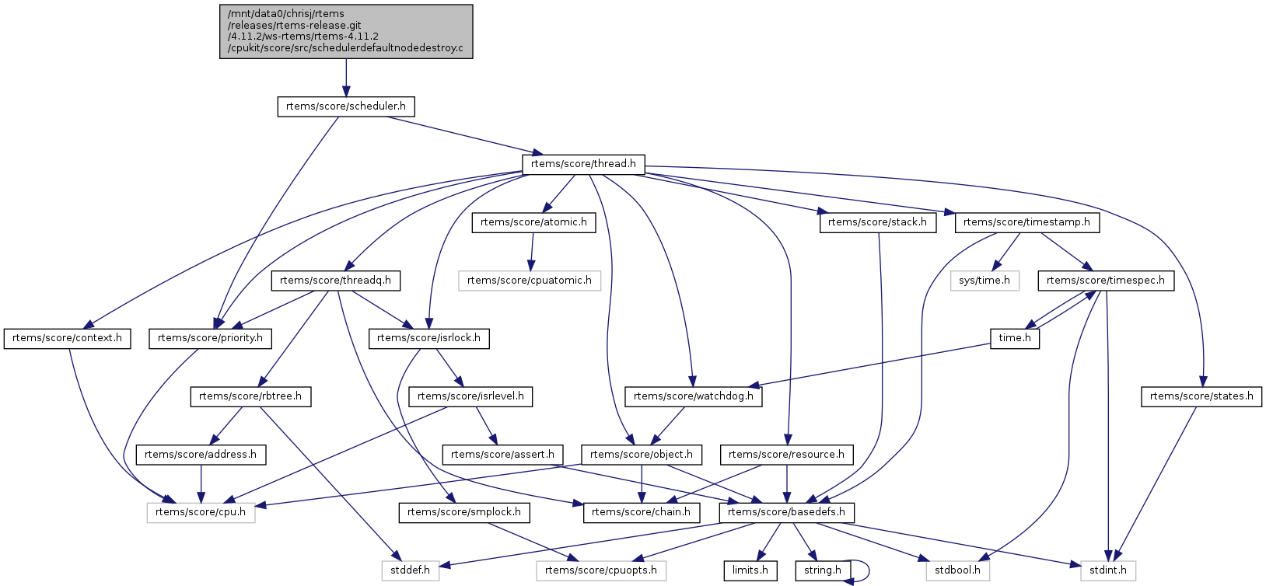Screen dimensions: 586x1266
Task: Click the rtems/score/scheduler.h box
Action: point(345,106)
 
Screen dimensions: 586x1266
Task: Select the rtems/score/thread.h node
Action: point(582,164)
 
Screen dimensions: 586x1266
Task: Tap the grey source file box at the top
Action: point(346,31)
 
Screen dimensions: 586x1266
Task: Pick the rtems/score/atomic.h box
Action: point(533,222)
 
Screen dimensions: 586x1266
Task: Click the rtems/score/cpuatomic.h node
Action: point(529,281)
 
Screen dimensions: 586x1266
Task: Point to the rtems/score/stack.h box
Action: point(877,222)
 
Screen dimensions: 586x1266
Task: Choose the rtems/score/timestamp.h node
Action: point(1026,222)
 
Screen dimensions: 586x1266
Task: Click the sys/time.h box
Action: point(984,281)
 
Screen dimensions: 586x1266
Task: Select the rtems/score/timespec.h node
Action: point(1105,281)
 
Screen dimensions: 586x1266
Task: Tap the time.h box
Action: point(1015,338)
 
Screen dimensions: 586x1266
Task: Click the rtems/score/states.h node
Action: point(1201,396)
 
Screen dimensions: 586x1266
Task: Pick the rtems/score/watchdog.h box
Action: point(694,396)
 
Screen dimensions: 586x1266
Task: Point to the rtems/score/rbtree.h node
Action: point(250,396)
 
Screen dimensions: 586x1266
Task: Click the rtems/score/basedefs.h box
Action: point(786,512)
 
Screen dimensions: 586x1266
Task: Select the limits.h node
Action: point(750,570)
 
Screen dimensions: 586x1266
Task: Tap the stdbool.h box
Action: point(957,570)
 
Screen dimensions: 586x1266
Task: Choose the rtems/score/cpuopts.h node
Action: point(600,570)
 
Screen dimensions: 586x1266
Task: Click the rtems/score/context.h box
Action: point(68,338)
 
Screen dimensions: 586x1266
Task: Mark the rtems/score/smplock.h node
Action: point(464,512)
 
